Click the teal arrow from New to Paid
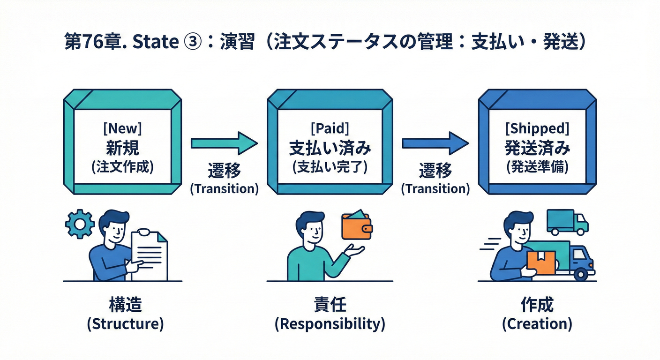click(x=224, y=142)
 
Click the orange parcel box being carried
click(x=540, y=262)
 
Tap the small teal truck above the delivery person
click(x=567, y=221)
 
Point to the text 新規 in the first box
click(x=123, y=149)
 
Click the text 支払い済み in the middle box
click(x=330, y=149)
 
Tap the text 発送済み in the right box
click(x=537, y=149)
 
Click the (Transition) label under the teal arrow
click(x=224, y=189)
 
